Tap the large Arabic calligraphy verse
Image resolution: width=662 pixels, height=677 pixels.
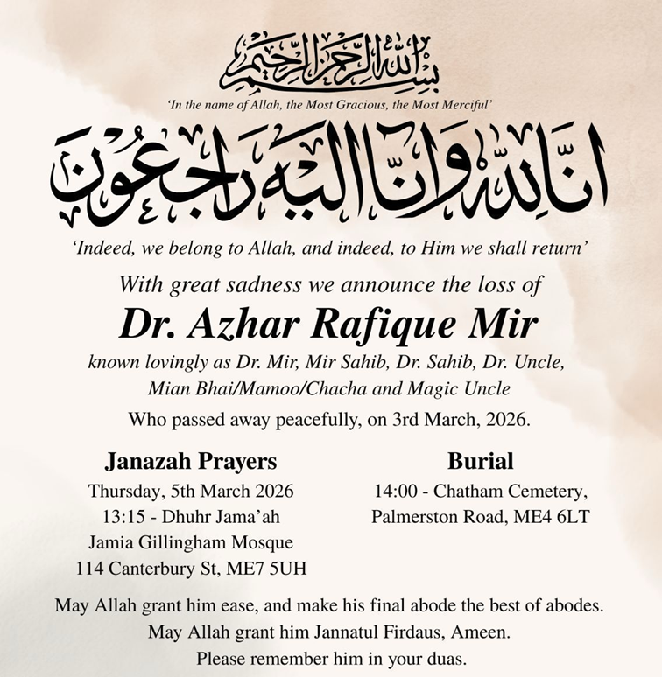330,167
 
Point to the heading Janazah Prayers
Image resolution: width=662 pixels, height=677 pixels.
191,461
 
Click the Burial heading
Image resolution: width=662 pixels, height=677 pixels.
480,461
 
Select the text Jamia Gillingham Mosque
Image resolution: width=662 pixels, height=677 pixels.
191,542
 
